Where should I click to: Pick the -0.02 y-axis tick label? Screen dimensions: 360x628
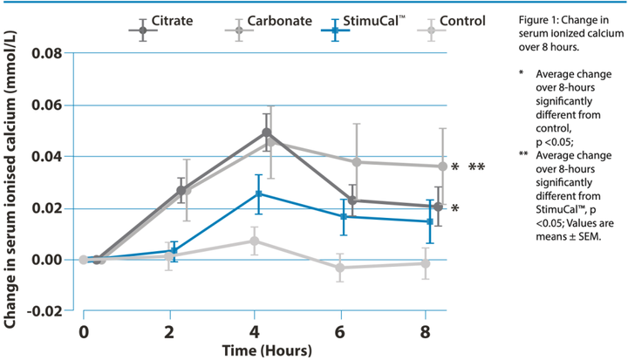point(44,311)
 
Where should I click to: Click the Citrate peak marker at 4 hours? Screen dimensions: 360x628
point(266,133)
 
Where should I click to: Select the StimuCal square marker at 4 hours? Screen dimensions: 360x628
point(259,194)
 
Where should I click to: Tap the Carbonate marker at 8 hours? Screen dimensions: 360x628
point(442,166)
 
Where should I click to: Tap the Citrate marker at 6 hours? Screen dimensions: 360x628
point(352,200)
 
